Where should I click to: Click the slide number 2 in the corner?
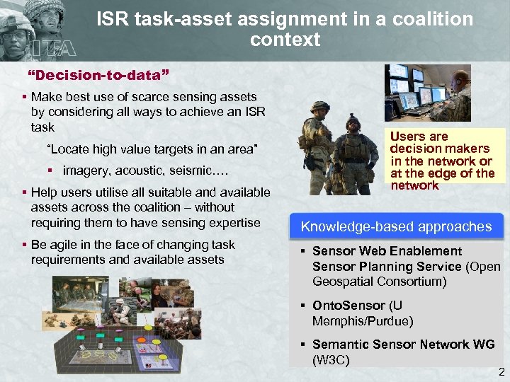501,372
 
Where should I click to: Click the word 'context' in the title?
285,40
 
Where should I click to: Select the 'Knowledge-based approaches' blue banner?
396,226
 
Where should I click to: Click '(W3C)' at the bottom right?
331,359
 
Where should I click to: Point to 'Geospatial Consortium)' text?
379,282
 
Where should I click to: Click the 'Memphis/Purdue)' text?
362,321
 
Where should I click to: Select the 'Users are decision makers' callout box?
442,161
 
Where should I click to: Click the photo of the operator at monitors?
428,93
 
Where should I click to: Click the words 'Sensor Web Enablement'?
387,251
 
